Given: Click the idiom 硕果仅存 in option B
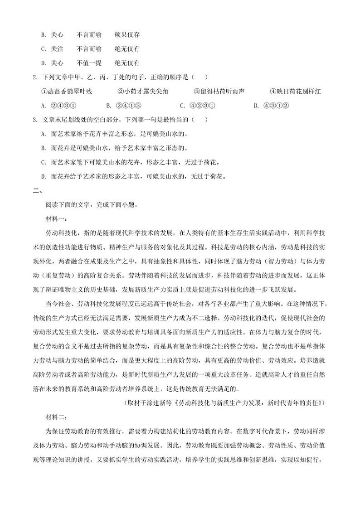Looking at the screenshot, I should [127, 34].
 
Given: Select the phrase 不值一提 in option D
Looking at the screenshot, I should [89, 63].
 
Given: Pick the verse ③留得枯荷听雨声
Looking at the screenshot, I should [219, 91].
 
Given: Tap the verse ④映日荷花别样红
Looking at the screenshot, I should [295, 91].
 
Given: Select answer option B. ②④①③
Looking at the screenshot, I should [124, 106].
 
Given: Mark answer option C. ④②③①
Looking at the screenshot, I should [197, 106].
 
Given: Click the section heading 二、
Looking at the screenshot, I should [37, 191].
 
